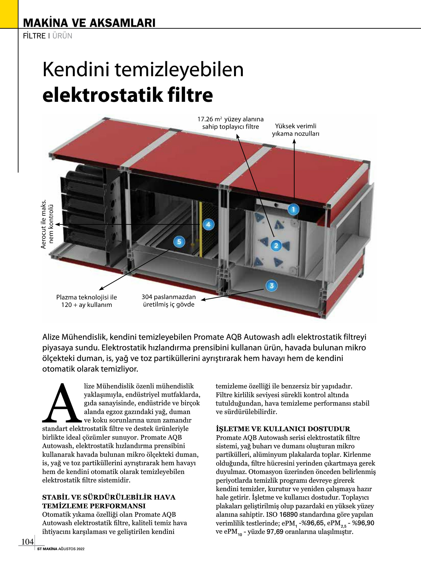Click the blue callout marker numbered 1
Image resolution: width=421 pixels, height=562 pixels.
point(293,209)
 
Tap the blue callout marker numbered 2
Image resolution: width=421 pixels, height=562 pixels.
point(276,246)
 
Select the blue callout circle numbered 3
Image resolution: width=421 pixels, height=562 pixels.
point(272,286)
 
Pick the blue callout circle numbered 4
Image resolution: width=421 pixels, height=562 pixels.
point(208,224)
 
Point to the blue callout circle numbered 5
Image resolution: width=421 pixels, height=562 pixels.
point(179,242)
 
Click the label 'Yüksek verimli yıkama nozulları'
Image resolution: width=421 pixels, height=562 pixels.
point(295,130)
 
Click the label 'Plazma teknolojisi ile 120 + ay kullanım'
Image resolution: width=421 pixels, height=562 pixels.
point(86,301)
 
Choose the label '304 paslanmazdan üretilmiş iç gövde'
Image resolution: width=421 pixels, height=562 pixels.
point(169,301)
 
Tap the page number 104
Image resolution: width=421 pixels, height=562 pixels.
point(27,542)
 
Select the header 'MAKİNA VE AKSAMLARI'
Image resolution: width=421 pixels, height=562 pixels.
point(89,23)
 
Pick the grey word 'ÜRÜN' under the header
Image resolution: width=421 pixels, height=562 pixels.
point(62,36)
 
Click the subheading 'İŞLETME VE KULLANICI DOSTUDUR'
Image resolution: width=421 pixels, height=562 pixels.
point(283,429)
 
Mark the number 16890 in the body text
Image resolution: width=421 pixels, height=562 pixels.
point(288,515)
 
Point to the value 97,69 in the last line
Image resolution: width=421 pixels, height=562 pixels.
point(275,532)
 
